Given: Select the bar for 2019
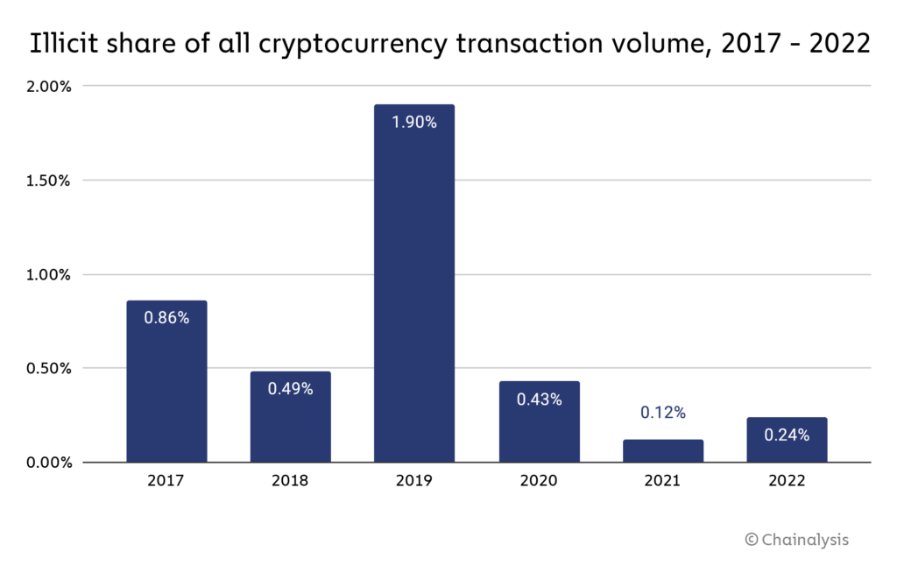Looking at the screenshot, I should pyautogui.click(x=414, y=289).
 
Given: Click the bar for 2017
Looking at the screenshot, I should pyautogui.click(x=166, y=386).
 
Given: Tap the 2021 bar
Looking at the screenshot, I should pyautogui.click(x=663, y=450).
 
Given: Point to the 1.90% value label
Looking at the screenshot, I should pyautogui.click(x=414, y=123).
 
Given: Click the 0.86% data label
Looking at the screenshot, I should pyautogui.click(x=166, y=318).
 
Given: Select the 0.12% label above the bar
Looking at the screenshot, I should pyautogui.click(x=663, y=413).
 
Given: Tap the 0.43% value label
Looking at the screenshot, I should pyautogui.click(x=539, y=399).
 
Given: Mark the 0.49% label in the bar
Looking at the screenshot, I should pyautogui.click(x=291, y=389).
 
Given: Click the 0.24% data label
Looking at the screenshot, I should pyautogui.click(x=787, y=435).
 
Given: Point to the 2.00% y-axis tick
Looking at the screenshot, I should pyautogui.click(x=50, y=87).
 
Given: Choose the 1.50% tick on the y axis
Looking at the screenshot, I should pyautogui.click(x=50, y=180).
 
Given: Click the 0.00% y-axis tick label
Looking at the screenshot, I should pyautogui.click(x=50, y=462).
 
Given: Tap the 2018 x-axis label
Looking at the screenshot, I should pyautogui.click(x=291, y=481).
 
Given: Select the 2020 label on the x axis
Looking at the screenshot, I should pyautogui.click(x=539, y=481).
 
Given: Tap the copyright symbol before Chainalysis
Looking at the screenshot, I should pyautogui.click(x=752, y=540).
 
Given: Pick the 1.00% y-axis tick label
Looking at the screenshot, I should pyautogui.click(x=50, y=274).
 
